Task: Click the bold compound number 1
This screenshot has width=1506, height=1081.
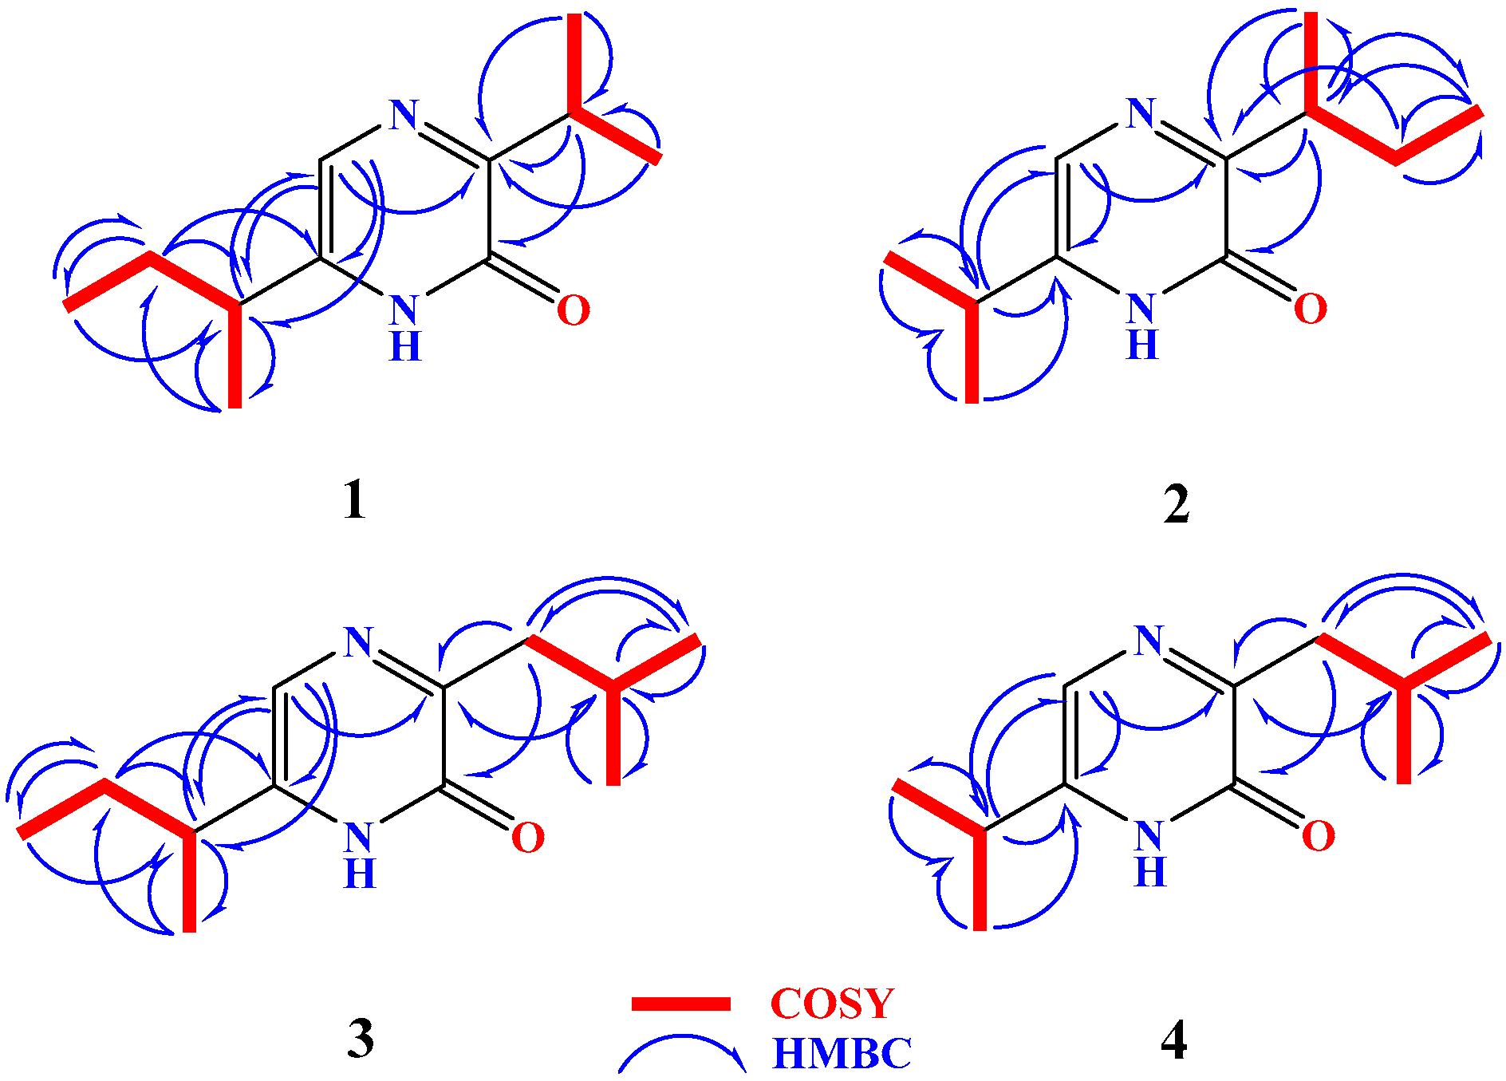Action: pos(354,501)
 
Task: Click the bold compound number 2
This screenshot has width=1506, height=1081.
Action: pos(1176,504)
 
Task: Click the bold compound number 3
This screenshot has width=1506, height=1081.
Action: pos(361,1039)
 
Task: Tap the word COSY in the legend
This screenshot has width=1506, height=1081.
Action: pos(832,1004)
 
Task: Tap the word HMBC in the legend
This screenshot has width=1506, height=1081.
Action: pos(842,1054)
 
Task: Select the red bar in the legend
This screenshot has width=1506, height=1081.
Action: pos(680,1004)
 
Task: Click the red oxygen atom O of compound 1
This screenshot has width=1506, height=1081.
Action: pos(573,310)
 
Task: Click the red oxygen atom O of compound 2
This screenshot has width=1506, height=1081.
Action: pos(1310,309)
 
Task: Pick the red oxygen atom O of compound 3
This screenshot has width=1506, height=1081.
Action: pos(527,838)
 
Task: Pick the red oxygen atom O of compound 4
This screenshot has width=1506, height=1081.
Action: pos(1317,836)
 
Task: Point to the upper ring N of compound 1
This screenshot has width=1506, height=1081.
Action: pos(404,116)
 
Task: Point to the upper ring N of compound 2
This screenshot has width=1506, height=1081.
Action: pos(1141,113)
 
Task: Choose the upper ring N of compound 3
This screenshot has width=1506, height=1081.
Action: pos(359,641)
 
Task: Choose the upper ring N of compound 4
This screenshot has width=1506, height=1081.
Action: pos(1149,640)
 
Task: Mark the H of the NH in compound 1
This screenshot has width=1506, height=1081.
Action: pos(405,346)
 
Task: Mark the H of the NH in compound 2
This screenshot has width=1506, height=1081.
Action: pos(1141,345)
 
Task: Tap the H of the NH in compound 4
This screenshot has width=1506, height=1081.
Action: pos(1149,872)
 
